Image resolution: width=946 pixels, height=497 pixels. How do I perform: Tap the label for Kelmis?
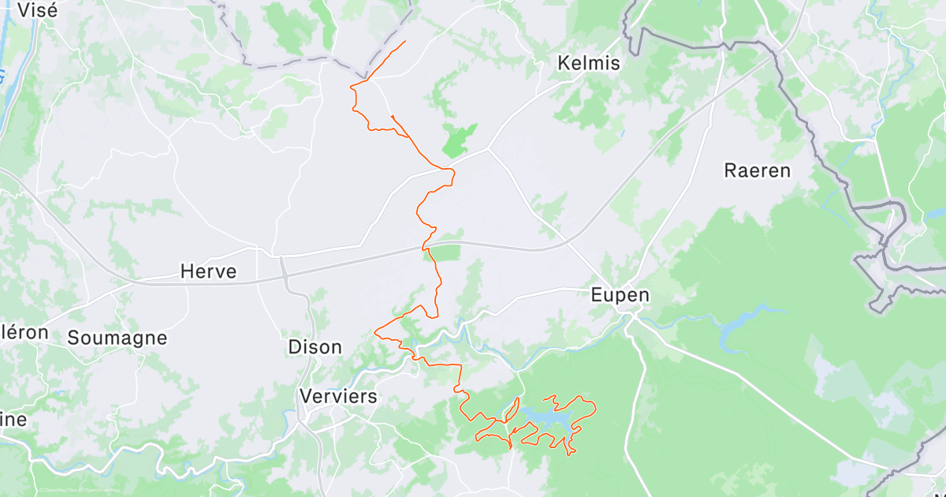588,63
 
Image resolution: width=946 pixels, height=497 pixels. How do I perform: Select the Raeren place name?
757,170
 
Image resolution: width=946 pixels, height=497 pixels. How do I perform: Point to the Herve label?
208,272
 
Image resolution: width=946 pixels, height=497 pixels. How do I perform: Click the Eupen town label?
620,295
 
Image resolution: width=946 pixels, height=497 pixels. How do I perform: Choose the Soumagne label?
117,338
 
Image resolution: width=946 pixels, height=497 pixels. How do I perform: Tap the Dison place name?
315,346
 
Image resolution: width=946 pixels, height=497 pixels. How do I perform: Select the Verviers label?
338,396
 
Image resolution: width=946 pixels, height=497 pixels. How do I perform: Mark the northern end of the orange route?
405,41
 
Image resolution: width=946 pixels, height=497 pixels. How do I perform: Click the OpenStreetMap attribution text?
99,491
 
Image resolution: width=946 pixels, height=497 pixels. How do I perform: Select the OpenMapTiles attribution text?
58,491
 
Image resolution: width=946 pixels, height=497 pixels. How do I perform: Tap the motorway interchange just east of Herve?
281,265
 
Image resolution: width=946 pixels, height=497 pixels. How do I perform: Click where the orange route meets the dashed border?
365,79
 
